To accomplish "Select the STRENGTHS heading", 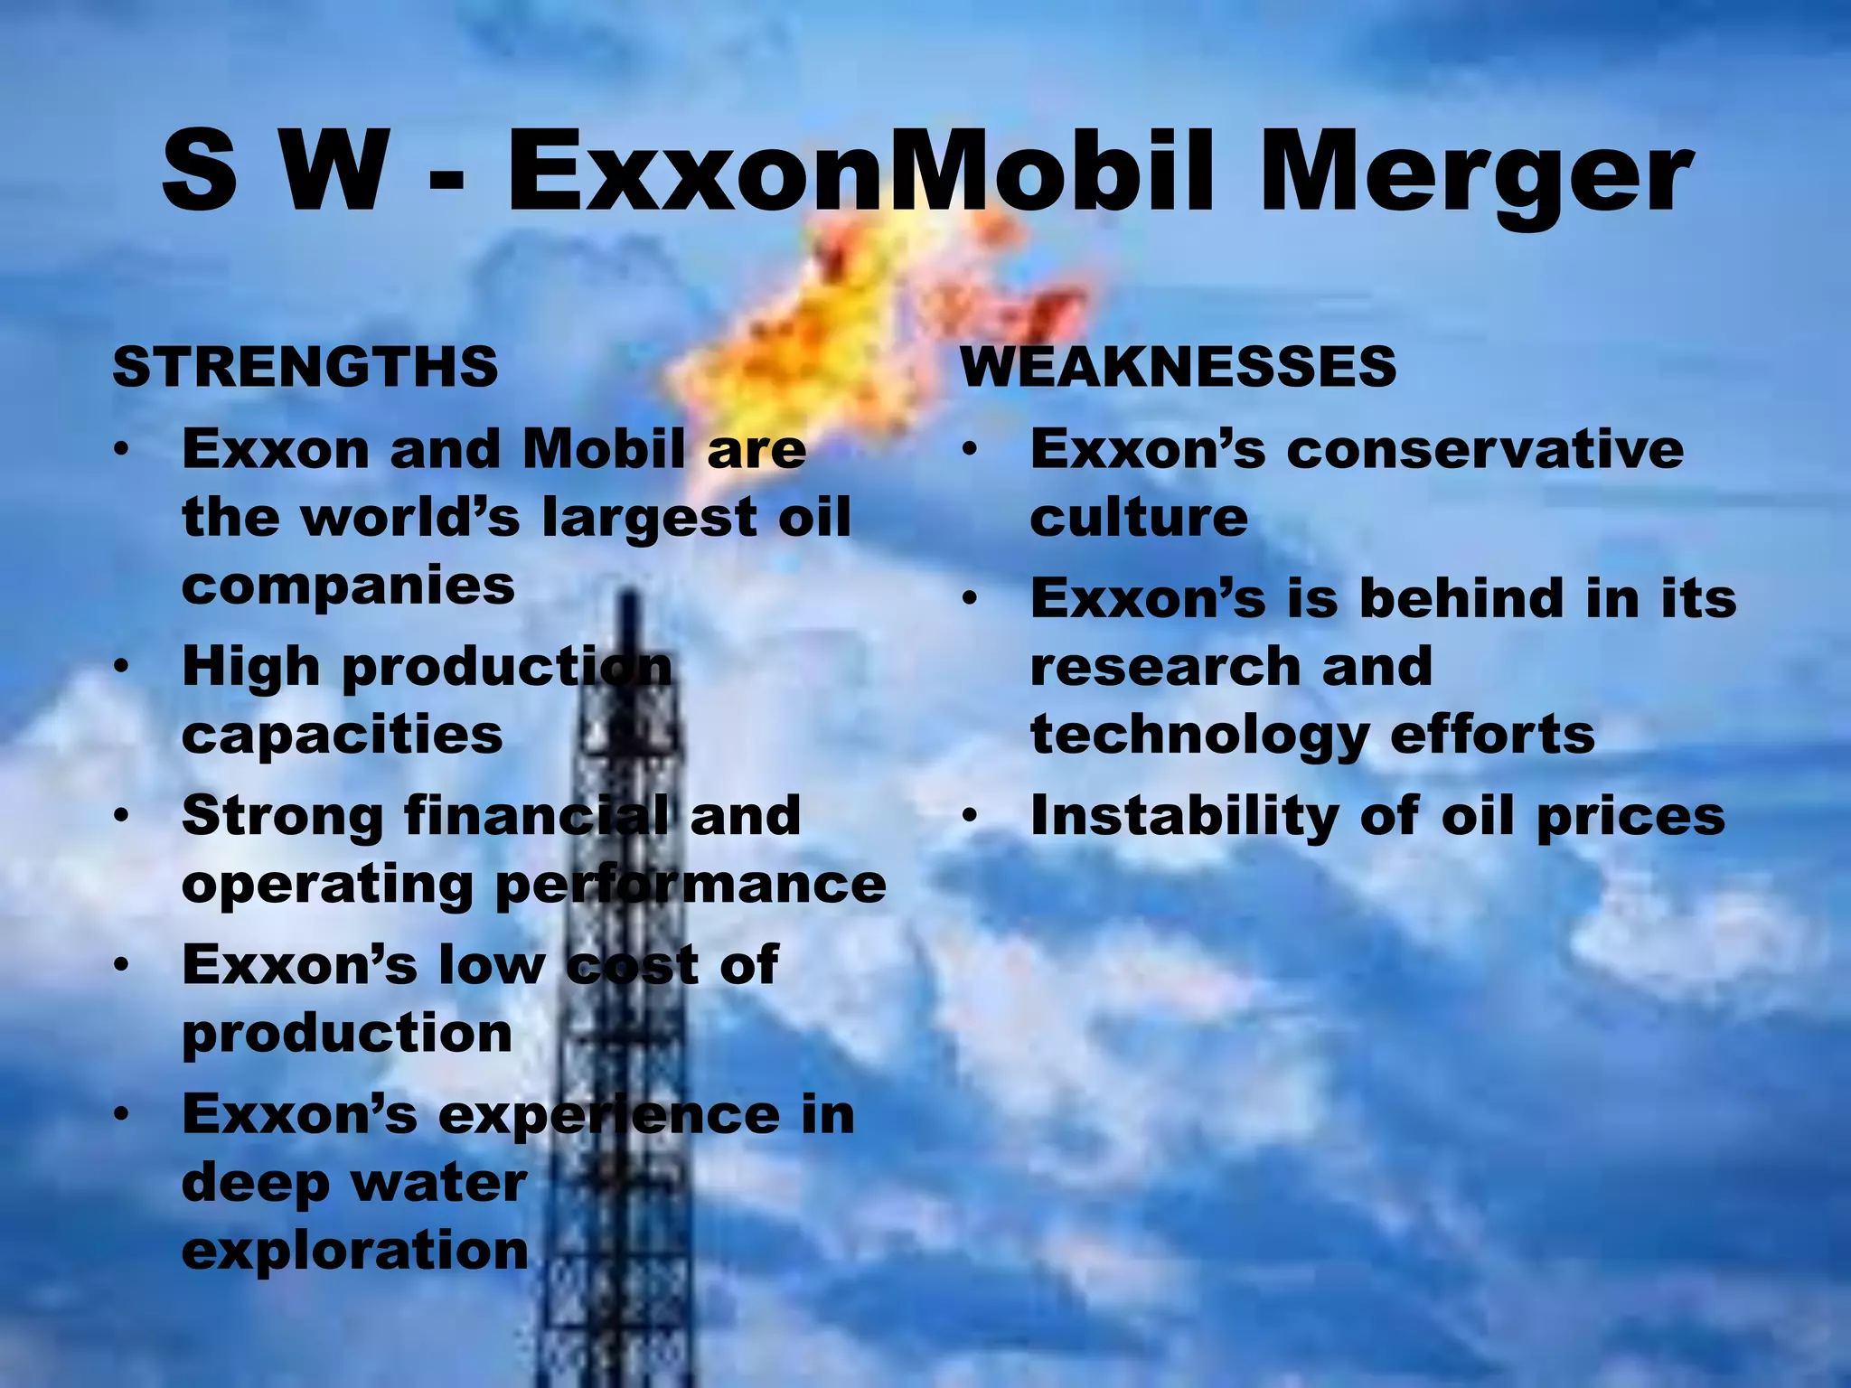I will click(305, 367).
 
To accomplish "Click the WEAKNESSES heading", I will click(1179, 367).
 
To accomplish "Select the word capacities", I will click(342, 734).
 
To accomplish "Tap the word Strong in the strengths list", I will click(282, 815).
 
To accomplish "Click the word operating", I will click(327, 884).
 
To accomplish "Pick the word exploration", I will click(354, 1251).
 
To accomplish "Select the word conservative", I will click(1485, 448).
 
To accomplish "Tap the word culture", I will click(1139, 517).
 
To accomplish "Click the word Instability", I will click(1182, 815).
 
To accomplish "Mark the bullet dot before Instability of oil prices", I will click(970, 816).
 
